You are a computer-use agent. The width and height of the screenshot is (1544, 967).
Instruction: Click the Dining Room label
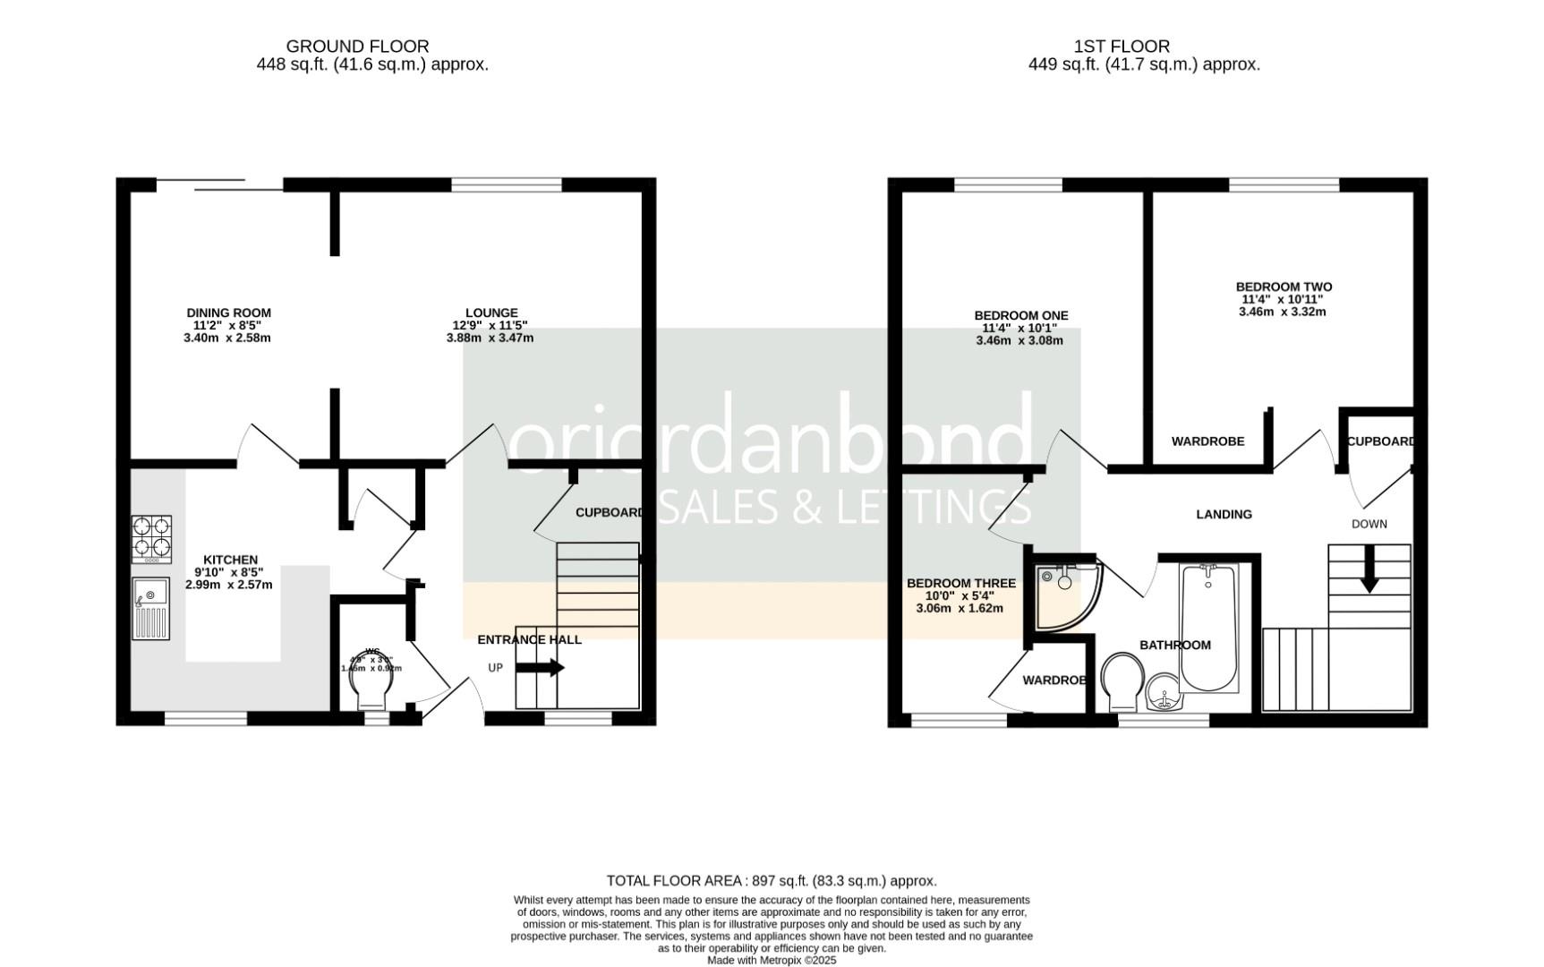228,312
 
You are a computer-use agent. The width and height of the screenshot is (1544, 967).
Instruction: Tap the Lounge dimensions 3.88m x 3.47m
490,338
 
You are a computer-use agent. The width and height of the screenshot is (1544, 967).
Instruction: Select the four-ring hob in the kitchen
151,537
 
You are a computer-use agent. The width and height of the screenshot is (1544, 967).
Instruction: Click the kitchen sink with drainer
150,609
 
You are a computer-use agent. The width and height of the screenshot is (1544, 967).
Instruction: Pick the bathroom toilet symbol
1123,680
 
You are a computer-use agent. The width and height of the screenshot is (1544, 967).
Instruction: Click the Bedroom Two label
1284,287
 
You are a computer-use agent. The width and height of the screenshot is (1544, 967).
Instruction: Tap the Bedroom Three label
960,583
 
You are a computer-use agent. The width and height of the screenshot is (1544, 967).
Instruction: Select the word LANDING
1224,514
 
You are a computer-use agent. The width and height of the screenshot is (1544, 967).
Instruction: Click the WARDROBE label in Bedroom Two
1207,441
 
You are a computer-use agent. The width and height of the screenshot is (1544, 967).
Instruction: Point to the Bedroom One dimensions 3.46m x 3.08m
1019,340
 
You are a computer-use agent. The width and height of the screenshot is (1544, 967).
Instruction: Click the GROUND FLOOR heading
357,46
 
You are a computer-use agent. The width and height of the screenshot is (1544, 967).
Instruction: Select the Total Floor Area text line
771,881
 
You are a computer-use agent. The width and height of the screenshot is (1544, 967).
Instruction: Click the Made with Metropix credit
771,960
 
